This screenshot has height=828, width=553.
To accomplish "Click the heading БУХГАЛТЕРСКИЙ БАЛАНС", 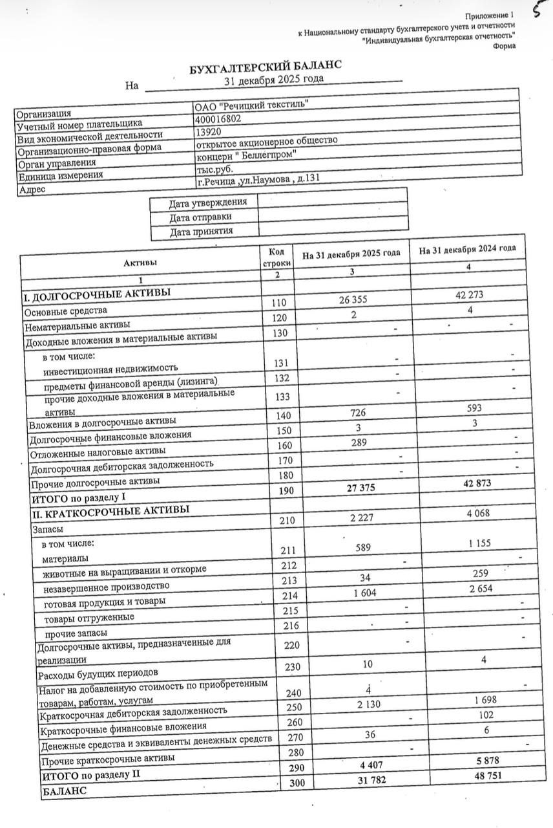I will [265, 67].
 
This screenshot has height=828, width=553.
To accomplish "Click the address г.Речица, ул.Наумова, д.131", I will [258, 180].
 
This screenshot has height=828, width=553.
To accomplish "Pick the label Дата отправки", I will [200, 217].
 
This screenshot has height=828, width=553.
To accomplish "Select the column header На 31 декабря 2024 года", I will [467, 249].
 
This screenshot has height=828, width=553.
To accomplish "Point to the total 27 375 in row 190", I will [353, 488].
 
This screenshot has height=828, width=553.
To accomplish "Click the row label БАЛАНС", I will [64, 790].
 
